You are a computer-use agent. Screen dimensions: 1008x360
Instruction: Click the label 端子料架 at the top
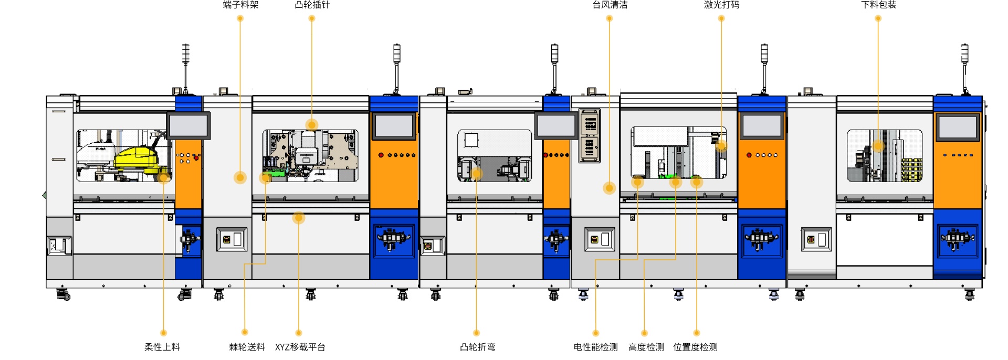[240, 5]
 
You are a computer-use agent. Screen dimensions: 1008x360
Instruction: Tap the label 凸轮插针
[312, 5]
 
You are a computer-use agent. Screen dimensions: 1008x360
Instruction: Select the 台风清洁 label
[610, 5]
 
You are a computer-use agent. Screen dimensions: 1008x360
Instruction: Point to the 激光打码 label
[721, 5]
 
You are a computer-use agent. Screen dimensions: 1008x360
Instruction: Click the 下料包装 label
[878, 5]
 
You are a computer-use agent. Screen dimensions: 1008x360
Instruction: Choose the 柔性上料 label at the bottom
[162, 347]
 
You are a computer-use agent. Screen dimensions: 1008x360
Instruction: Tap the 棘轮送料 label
[247, 347]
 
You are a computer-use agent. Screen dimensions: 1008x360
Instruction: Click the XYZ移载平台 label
[300, 347]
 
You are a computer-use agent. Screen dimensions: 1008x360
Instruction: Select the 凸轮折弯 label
[478, 347]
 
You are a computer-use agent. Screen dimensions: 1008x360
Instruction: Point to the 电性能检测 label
[596, 347]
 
